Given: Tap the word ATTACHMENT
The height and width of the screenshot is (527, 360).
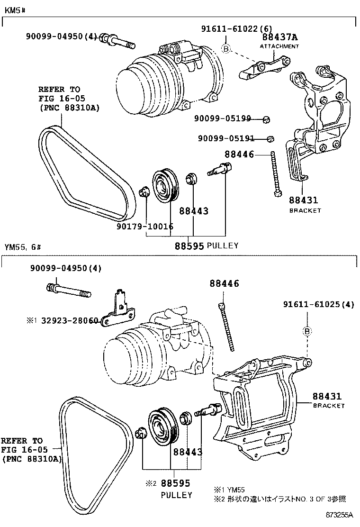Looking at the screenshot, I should click(x=279, y=46).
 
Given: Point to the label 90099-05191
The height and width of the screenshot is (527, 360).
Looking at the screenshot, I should click(x=226, y=138).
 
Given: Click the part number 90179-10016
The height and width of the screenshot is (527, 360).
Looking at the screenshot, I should click(x=145, y=227).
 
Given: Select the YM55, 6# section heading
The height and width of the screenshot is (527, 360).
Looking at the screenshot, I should click(x=23, y=247).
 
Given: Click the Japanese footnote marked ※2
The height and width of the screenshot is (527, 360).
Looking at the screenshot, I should click(x=279, y=499).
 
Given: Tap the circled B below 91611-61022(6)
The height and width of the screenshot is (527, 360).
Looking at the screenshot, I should click(x=226, y=48).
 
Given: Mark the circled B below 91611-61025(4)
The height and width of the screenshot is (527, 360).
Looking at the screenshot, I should click(x=307, y=331).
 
